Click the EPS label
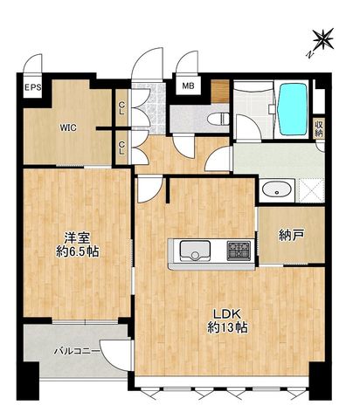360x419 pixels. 32,87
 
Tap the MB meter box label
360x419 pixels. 189,86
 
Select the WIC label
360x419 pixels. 68,127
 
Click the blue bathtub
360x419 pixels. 293,109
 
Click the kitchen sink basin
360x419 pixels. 195,251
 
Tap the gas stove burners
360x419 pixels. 239,251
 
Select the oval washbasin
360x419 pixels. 276,190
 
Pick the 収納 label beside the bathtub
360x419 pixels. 319,128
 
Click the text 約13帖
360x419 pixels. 227,327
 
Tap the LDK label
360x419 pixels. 227,314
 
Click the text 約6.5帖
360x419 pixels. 78,251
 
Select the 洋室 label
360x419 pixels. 77,238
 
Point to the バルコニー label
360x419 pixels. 77,352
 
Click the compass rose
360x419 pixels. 322,39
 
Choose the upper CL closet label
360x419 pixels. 121,108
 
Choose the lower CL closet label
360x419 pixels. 121,148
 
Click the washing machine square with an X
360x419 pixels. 311,190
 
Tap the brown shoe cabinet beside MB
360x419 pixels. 219,91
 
